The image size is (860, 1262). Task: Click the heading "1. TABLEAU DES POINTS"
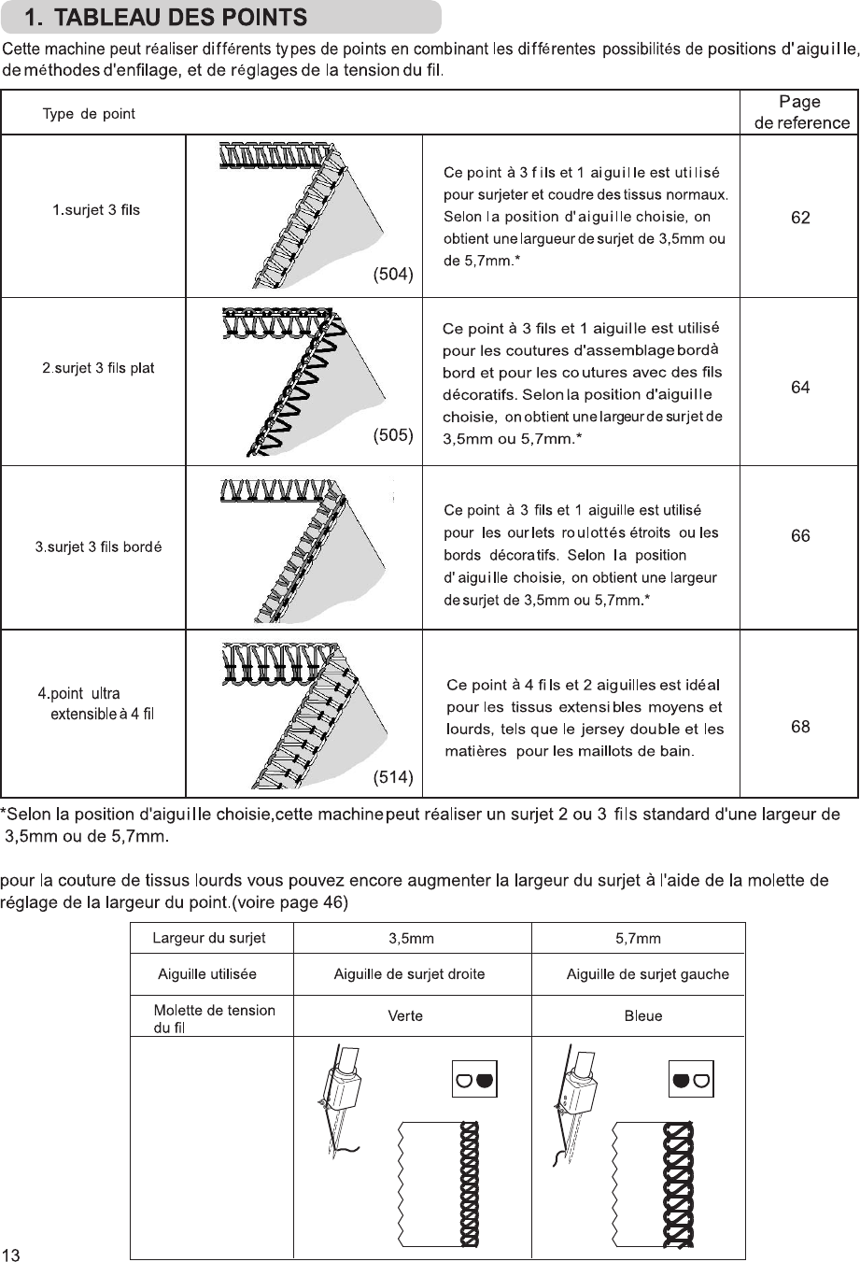(x=166, y=17)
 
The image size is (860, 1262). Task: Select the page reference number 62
(x=800, y=218)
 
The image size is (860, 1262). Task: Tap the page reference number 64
(x=800, y=387)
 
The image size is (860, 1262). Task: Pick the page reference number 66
(x=800, y=536)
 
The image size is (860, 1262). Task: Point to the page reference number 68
(x=800, y=727)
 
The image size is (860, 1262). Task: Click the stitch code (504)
(x=393, y=274)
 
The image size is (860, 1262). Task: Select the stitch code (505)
(x=393, y=435)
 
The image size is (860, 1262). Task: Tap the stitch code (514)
(x=393, y=777)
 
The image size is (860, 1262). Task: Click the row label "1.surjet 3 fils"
(x=95, y=209)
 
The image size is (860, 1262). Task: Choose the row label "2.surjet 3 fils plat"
(x=98, y=368)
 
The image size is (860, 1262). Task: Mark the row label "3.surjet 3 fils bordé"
(x=99, y=546)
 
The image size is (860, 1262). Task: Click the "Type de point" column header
(x=89, y=114)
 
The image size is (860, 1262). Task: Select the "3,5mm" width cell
(x=411, y=938)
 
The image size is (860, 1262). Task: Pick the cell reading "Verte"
(x=405, y=1015)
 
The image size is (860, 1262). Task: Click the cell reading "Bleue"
(x=642, y=1015)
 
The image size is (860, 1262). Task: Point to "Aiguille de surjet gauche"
(x=647, y=974)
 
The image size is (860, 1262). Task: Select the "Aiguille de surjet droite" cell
(x=409, y=974)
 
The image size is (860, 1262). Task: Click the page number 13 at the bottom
(x=11, y=1255)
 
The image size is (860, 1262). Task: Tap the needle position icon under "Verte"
(x=474, y=1080)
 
